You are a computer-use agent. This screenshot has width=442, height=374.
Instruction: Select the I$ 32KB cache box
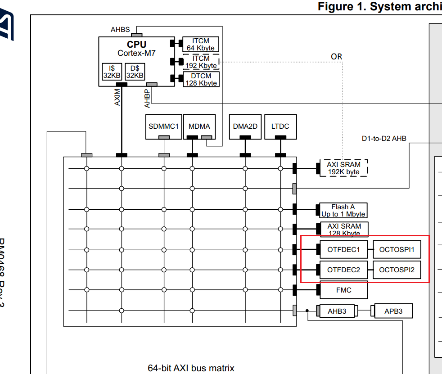click(112, 72)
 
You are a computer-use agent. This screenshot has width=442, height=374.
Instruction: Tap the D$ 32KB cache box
click(135, 72)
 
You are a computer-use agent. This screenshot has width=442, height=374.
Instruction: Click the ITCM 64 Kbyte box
click(201, 45)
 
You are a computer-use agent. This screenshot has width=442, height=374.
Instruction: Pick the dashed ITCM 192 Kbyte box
click(201, 62)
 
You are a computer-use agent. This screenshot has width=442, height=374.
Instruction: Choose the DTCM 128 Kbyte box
click(201, 79)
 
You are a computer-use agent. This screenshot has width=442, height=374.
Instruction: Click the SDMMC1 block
click(163, 126)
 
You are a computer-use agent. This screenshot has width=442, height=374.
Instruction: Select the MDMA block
click(199, 126)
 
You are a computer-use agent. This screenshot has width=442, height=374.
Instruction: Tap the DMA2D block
click(245, 126)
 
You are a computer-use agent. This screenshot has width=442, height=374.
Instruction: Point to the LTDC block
click(280, 126)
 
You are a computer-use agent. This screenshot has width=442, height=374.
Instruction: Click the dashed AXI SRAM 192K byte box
click(343, 168)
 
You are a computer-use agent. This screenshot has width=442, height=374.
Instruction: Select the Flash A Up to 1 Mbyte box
click(343, 211)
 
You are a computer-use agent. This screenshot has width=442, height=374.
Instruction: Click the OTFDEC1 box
click(343, 250)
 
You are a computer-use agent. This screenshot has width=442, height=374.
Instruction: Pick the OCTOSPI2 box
click(397, 270)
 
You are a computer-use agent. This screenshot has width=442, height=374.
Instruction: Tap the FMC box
click(343, 290)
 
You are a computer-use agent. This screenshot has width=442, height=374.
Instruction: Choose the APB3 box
click(393, 311)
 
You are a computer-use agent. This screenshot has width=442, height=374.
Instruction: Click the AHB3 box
click(337, 311)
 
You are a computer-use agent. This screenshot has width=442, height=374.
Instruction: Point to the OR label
click(336, 57)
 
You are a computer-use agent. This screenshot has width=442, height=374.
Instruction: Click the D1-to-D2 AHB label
click(384, 139)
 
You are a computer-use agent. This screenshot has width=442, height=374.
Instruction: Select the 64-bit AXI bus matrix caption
click(191, 368)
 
